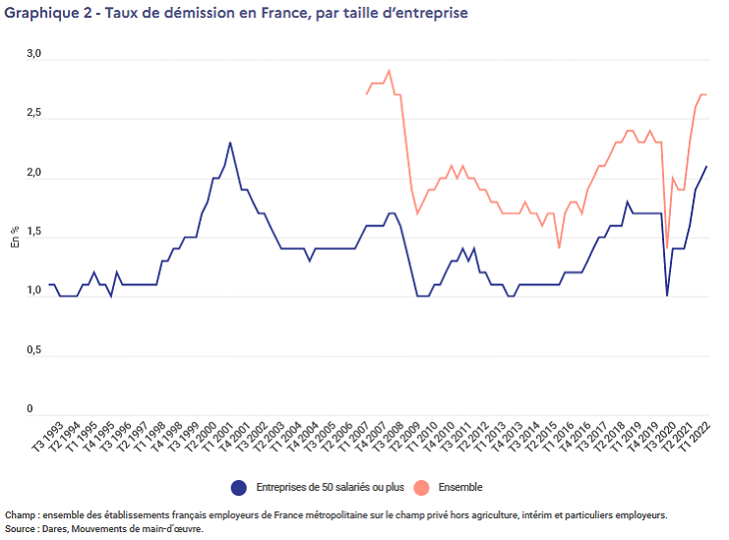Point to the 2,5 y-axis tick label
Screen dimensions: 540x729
point(34,115)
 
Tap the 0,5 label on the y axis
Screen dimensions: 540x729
point(34,351)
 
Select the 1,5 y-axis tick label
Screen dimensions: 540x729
point(34,233)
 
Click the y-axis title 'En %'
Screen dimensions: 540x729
point(15,236)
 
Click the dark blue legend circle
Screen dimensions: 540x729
point(238,487)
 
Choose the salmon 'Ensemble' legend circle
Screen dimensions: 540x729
point(421,487)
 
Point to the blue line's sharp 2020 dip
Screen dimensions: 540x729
point(667,295)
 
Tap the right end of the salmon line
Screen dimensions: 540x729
point(706,94)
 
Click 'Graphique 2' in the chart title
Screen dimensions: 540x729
point(41,14)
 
